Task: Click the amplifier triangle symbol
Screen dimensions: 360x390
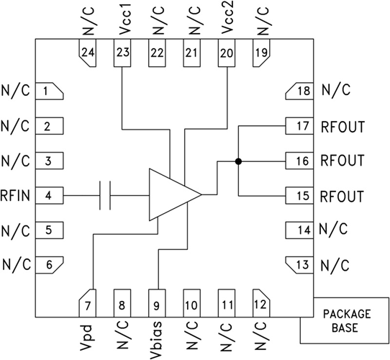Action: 171,194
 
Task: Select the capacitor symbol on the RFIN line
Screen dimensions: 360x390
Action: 105,194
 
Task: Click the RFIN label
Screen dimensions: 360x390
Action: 15,195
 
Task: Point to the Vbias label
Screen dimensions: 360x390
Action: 157,338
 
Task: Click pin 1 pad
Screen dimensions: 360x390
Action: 48,91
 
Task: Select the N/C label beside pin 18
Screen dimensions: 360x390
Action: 335,91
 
